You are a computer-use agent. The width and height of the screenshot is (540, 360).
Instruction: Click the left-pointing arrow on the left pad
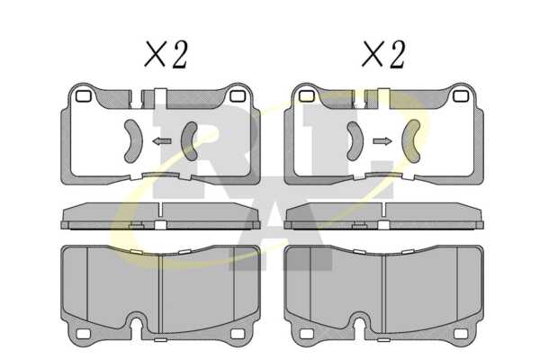coord(162,141)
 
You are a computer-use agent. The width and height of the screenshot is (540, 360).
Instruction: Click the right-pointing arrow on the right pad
coord(382,141)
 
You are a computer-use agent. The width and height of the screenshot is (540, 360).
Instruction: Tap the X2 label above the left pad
coord(166,54)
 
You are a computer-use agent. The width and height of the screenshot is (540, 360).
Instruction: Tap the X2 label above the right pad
coord(383,54)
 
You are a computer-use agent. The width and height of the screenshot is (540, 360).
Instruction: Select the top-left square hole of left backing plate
coord(83,96)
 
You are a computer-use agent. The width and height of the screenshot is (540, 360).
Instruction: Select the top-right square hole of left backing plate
coord(238,96)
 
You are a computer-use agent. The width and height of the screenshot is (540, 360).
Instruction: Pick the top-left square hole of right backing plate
coord(307,96)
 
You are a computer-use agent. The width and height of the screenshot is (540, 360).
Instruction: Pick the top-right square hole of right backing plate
coord(461,96)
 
